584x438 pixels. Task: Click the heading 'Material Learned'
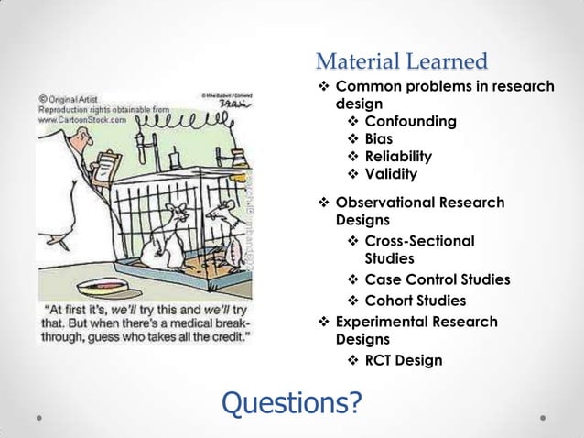[401, 62]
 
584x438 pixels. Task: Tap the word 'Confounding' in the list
[410, 121]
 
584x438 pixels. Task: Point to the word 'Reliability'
[398, 157]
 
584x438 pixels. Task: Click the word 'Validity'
[391, 174]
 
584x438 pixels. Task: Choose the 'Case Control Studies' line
[437, 280]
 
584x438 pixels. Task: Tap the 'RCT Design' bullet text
[403, 360]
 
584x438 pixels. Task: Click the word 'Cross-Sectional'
[419, 241]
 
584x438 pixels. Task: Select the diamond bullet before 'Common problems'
[323, 87]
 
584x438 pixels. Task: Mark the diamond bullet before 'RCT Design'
[352, 360]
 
